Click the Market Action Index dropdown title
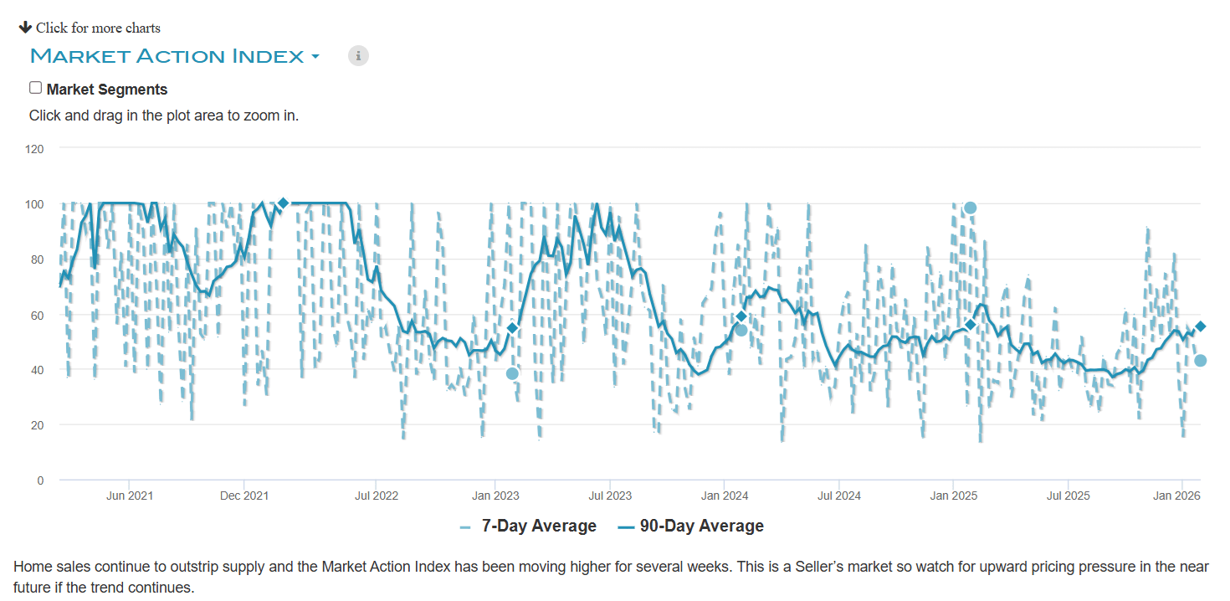click(174, 57)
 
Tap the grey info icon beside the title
click(358, 56)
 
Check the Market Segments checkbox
click(35, 88)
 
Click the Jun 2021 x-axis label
click(130, 496)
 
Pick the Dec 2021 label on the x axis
click(244, 496)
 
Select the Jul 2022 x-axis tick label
click(376, 496)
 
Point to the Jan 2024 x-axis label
click(725, 496)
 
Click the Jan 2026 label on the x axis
click(1176, 496)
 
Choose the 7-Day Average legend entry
click(538, 527)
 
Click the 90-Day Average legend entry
click(701, 527)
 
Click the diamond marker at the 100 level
click(283, 203)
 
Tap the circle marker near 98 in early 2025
click(970, 208)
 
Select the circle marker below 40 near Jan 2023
click(512, 373)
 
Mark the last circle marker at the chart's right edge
click(1200, 361)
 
